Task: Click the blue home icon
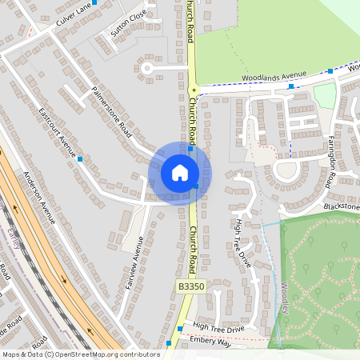click(x=180, y=173)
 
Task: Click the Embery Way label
click(x=210, y=343)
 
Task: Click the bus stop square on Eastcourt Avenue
click(x=81, y=158)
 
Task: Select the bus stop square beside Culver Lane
click(x=95, y=2)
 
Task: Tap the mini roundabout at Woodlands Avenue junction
click(x=193, y=90)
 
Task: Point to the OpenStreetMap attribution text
click(x=81, y=354)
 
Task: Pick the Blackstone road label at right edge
click(x=342, y=207)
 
